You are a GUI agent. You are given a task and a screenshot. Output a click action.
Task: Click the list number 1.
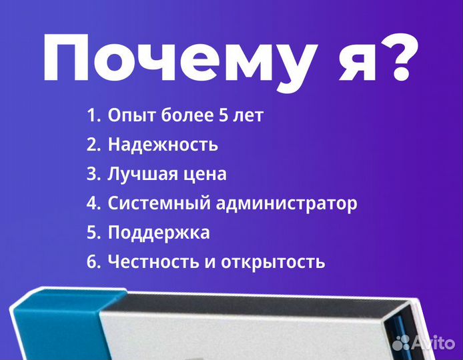coord(92,115)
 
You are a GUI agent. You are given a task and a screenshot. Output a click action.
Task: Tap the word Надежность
coord(163,145)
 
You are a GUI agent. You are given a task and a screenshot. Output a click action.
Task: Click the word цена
coord(205,175)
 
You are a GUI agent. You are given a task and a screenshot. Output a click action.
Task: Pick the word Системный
coord(159,204)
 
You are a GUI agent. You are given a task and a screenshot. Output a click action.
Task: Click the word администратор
coord(286,204)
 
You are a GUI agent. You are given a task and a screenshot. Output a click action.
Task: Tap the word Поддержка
coord(159,233)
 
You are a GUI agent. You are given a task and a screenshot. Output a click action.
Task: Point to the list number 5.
coord(93,233)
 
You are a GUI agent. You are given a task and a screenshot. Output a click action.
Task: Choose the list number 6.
coord(93,262)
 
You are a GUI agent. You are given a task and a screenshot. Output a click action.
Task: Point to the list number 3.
coord(93,174)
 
